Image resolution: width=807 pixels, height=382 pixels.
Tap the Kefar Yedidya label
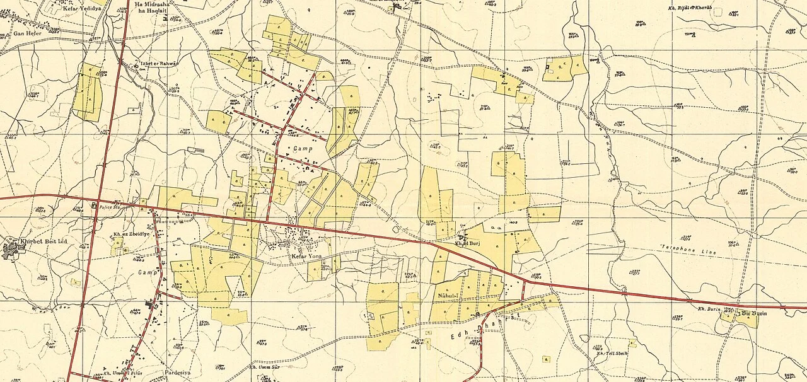point(82,10)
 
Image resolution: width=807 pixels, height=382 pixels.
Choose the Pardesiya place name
point(177,372)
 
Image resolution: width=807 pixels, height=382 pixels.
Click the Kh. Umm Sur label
point(265,367)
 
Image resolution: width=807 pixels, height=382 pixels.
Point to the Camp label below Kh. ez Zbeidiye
point(147,272)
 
